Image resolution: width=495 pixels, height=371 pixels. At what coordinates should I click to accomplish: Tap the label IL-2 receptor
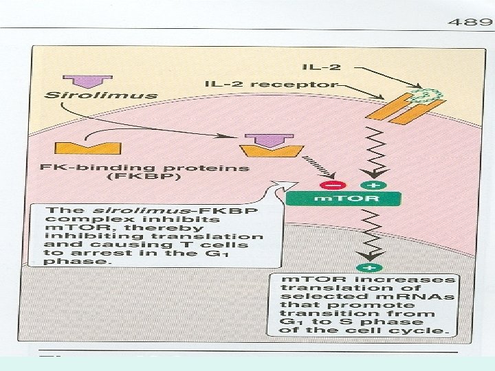(x=271, y=85)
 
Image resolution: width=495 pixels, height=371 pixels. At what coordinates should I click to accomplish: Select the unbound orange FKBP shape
(x=78, y=147)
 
